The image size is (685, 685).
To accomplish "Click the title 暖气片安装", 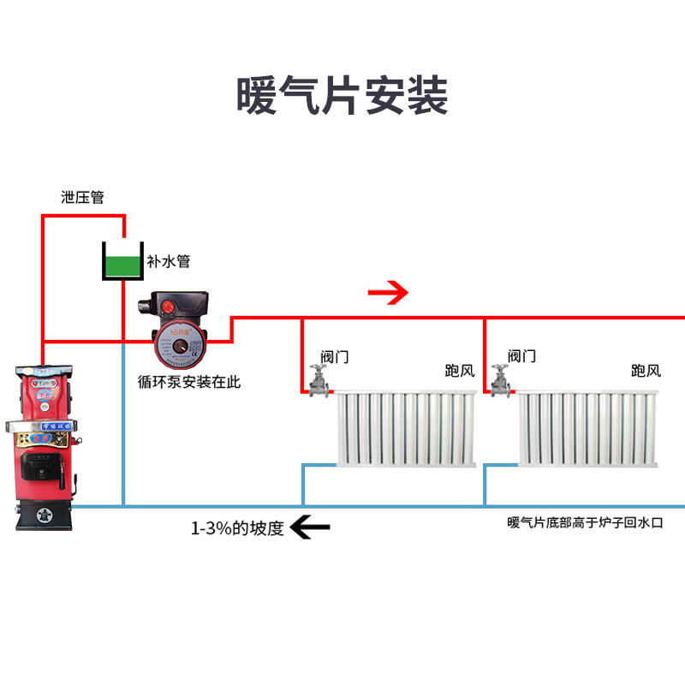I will pos(342,96).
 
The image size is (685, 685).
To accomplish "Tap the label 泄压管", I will pos(82,197).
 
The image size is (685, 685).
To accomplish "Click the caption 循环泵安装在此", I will pos(188,382).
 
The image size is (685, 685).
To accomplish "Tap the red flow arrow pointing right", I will pos(388,294).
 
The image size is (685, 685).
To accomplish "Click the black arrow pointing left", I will pos(310,527).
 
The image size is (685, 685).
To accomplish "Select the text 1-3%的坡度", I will pos(236,527).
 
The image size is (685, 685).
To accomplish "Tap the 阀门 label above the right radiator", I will pos(521,355).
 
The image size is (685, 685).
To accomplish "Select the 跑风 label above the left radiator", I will pos(459,371).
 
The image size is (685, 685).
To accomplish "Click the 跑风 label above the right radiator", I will pos(646,371).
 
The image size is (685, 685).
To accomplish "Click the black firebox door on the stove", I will pos(39,469).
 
